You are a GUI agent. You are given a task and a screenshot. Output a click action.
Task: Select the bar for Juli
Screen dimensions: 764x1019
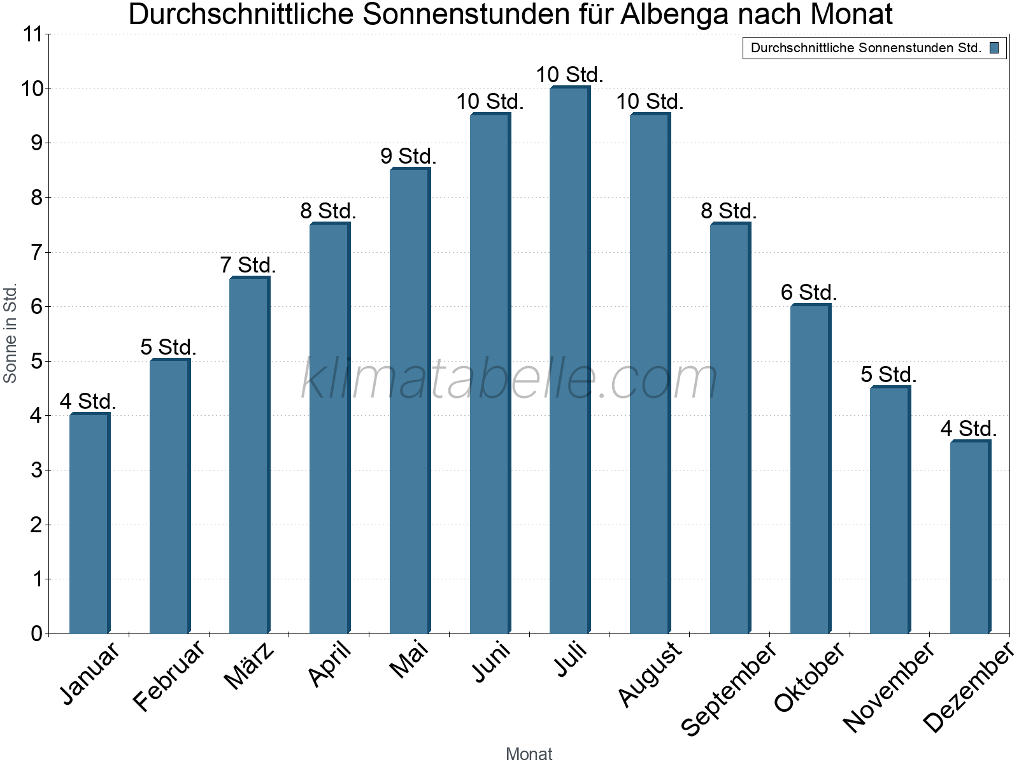pyautogui.click(x=569, y=360)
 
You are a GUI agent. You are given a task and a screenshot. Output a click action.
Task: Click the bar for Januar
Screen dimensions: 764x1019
pyautogui.click(x=89, y=523)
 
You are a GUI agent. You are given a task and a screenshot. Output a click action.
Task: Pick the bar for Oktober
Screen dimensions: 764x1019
pyautogui.click(x=810, y=469)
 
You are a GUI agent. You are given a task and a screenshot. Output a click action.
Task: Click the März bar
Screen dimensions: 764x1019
pyautogui.click(x=249, y=455)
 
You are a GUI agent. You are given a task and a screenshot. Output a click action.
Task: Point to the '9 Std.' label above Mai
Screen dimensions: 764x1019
pyautogui.click(x=408, y=156)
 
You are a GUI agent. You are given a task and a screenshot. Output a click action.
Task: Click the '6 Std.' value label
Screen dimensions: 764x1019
pyautogui.click(x=809, y=293)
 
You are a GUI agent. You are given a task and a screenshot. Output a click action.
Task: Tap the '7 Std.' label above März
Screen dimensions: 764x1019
pyautogui.click(x=248, y=265)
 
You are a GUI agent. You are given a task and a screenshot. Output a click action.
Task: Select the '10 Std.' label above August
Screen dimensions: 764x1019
pyautogui.click(x=650, y=102)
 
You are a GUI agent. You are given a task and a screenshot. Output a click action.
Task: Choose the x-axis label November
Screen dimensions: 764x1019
pyautogui.click(x=889, y=686)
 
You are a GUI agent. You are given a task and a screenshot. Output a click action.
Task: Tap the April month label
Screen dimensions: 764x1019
pyautogui.click(x=329, y=664)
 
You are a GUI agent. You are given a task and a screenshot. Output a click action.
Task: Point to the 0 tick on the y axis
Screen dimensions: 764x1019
pyautogui.click(x=36, y=633)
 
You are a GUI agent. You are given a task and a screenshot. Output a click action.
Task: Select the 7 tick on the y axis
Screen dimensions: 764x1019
pyautogui.click(x=36, y=252)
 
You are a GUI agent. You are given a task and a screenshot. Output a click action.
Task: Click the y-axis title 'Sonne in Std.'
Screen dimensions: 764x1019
pyautogui.click(x=10, y=333)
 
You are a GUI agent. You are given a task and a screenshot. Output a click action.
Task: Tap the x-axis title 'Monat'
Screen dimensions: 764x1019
pyautogui.click(x=529, y=754)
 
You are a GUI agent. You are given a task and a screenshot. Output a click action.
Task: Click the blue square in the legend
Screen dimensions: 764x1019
pyautogui.click(x=994, y=48)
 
